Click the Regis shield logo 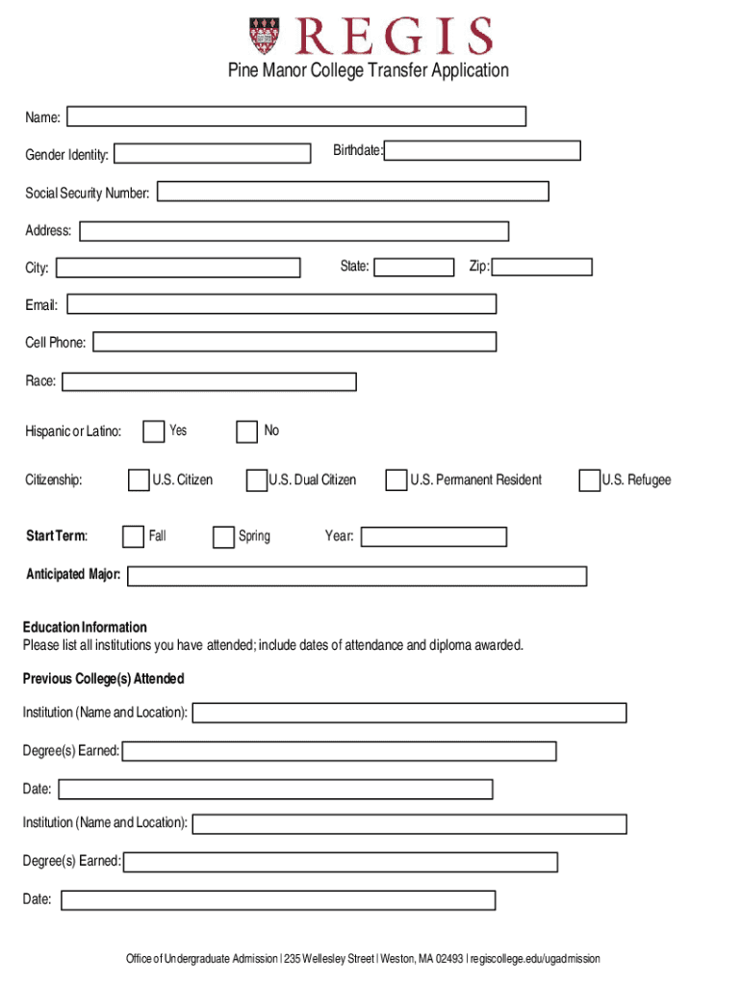(268, 37)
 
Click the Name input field (296, 117)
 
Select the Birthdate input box (483, 150)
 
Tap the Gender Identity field (213, 153)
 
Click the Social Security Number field (353, 192)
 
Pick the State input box (414, 267)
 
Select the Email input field (282, 304)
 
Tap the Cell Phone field (294, 342)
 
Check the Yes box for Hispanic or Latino (153, 431)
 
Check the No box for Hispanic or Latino (247, 431)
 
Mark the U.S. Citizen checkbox (139, 480)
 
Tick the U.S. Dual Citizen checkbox (256, 480)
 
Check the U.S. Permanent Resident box (396, 480)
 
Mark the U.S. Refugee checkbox (589, 480)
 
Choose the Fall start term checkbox (134, 536)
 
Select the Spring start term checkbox (223, 536)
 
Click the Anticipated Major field (357, 576)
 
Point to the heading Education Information (85, 627)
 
